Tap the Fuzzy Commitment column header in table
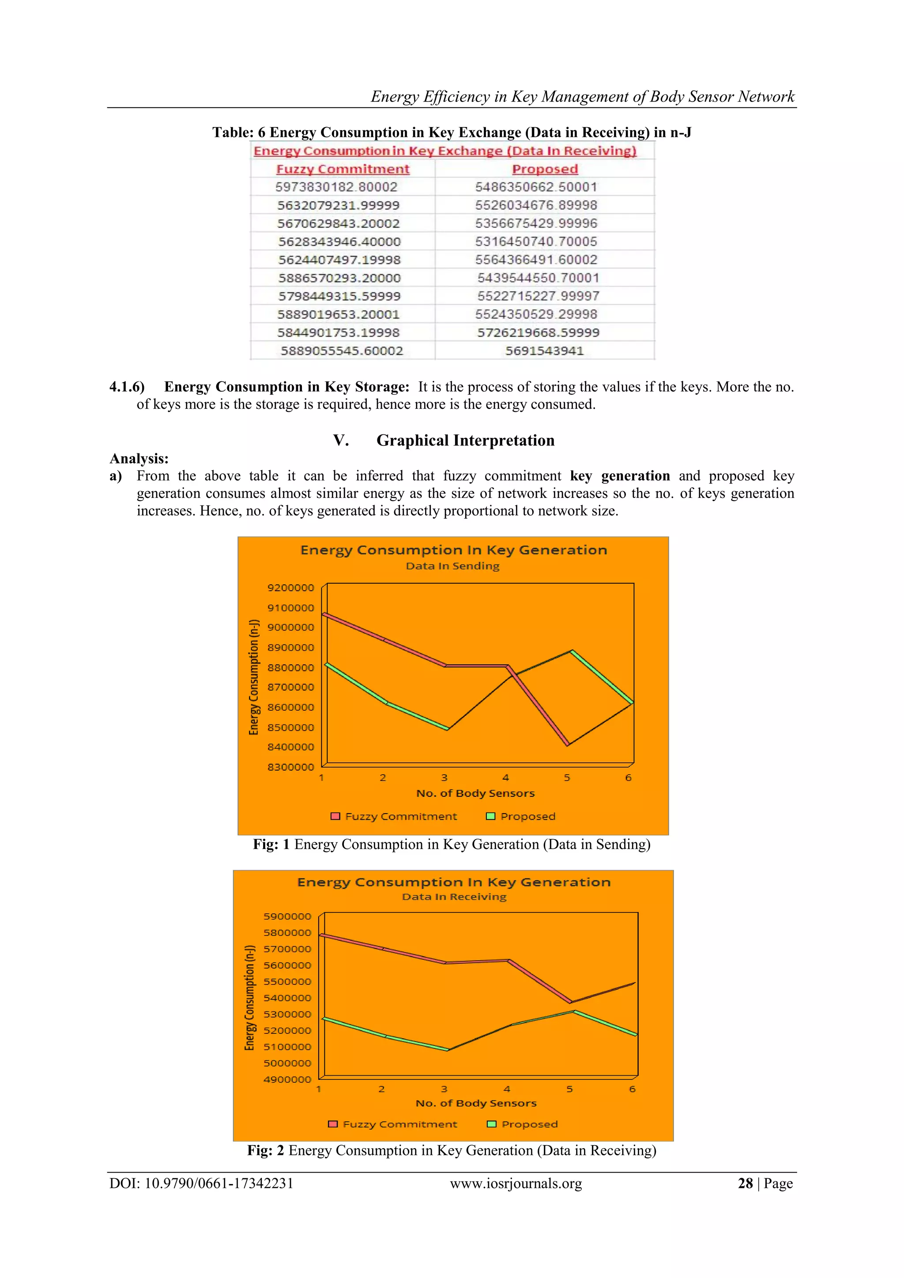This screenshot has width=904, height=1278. pyautogui.click(x=343, y=169)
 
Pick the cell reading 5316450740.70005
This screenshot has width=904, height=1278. pyautogui.click(x=535, y=241)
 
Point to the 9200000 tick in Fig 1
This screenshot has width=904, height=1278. pyautogui.click(x=290, y=588)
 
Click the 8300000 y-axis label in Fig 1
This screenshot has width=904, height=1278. pyautogui.click(x=290, y=767)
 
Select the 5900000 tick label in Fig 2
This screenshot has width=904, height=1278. pyautogui.click(x=287, y=916)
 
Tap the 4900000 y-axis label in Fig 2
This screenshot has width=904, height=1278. pyautogui.click(x=287, y=1079)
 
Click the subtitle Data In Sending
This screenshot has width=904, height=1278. pyautogui.click(x=452, y=566)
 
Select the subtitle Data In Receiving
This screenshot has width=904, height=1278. pyautogui.click(x=454, y=897)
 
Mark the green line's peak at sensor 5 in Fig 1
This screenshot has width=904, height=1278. pyautogui.click(x=572, y=651)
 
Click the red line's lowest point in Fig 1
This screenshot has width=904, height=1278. pyautogui.click(x=567, y=745)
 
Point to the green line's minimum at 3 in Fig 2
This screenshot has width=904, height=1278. pyautogui.click(x=448, y=1050)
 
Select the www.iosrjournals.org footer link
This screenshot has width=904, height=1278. pyautogui.click(x=516, y=1184)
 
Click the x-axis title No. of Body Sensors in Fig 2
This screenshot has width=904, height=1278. pyautogui.click(x=476, y=1103)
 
